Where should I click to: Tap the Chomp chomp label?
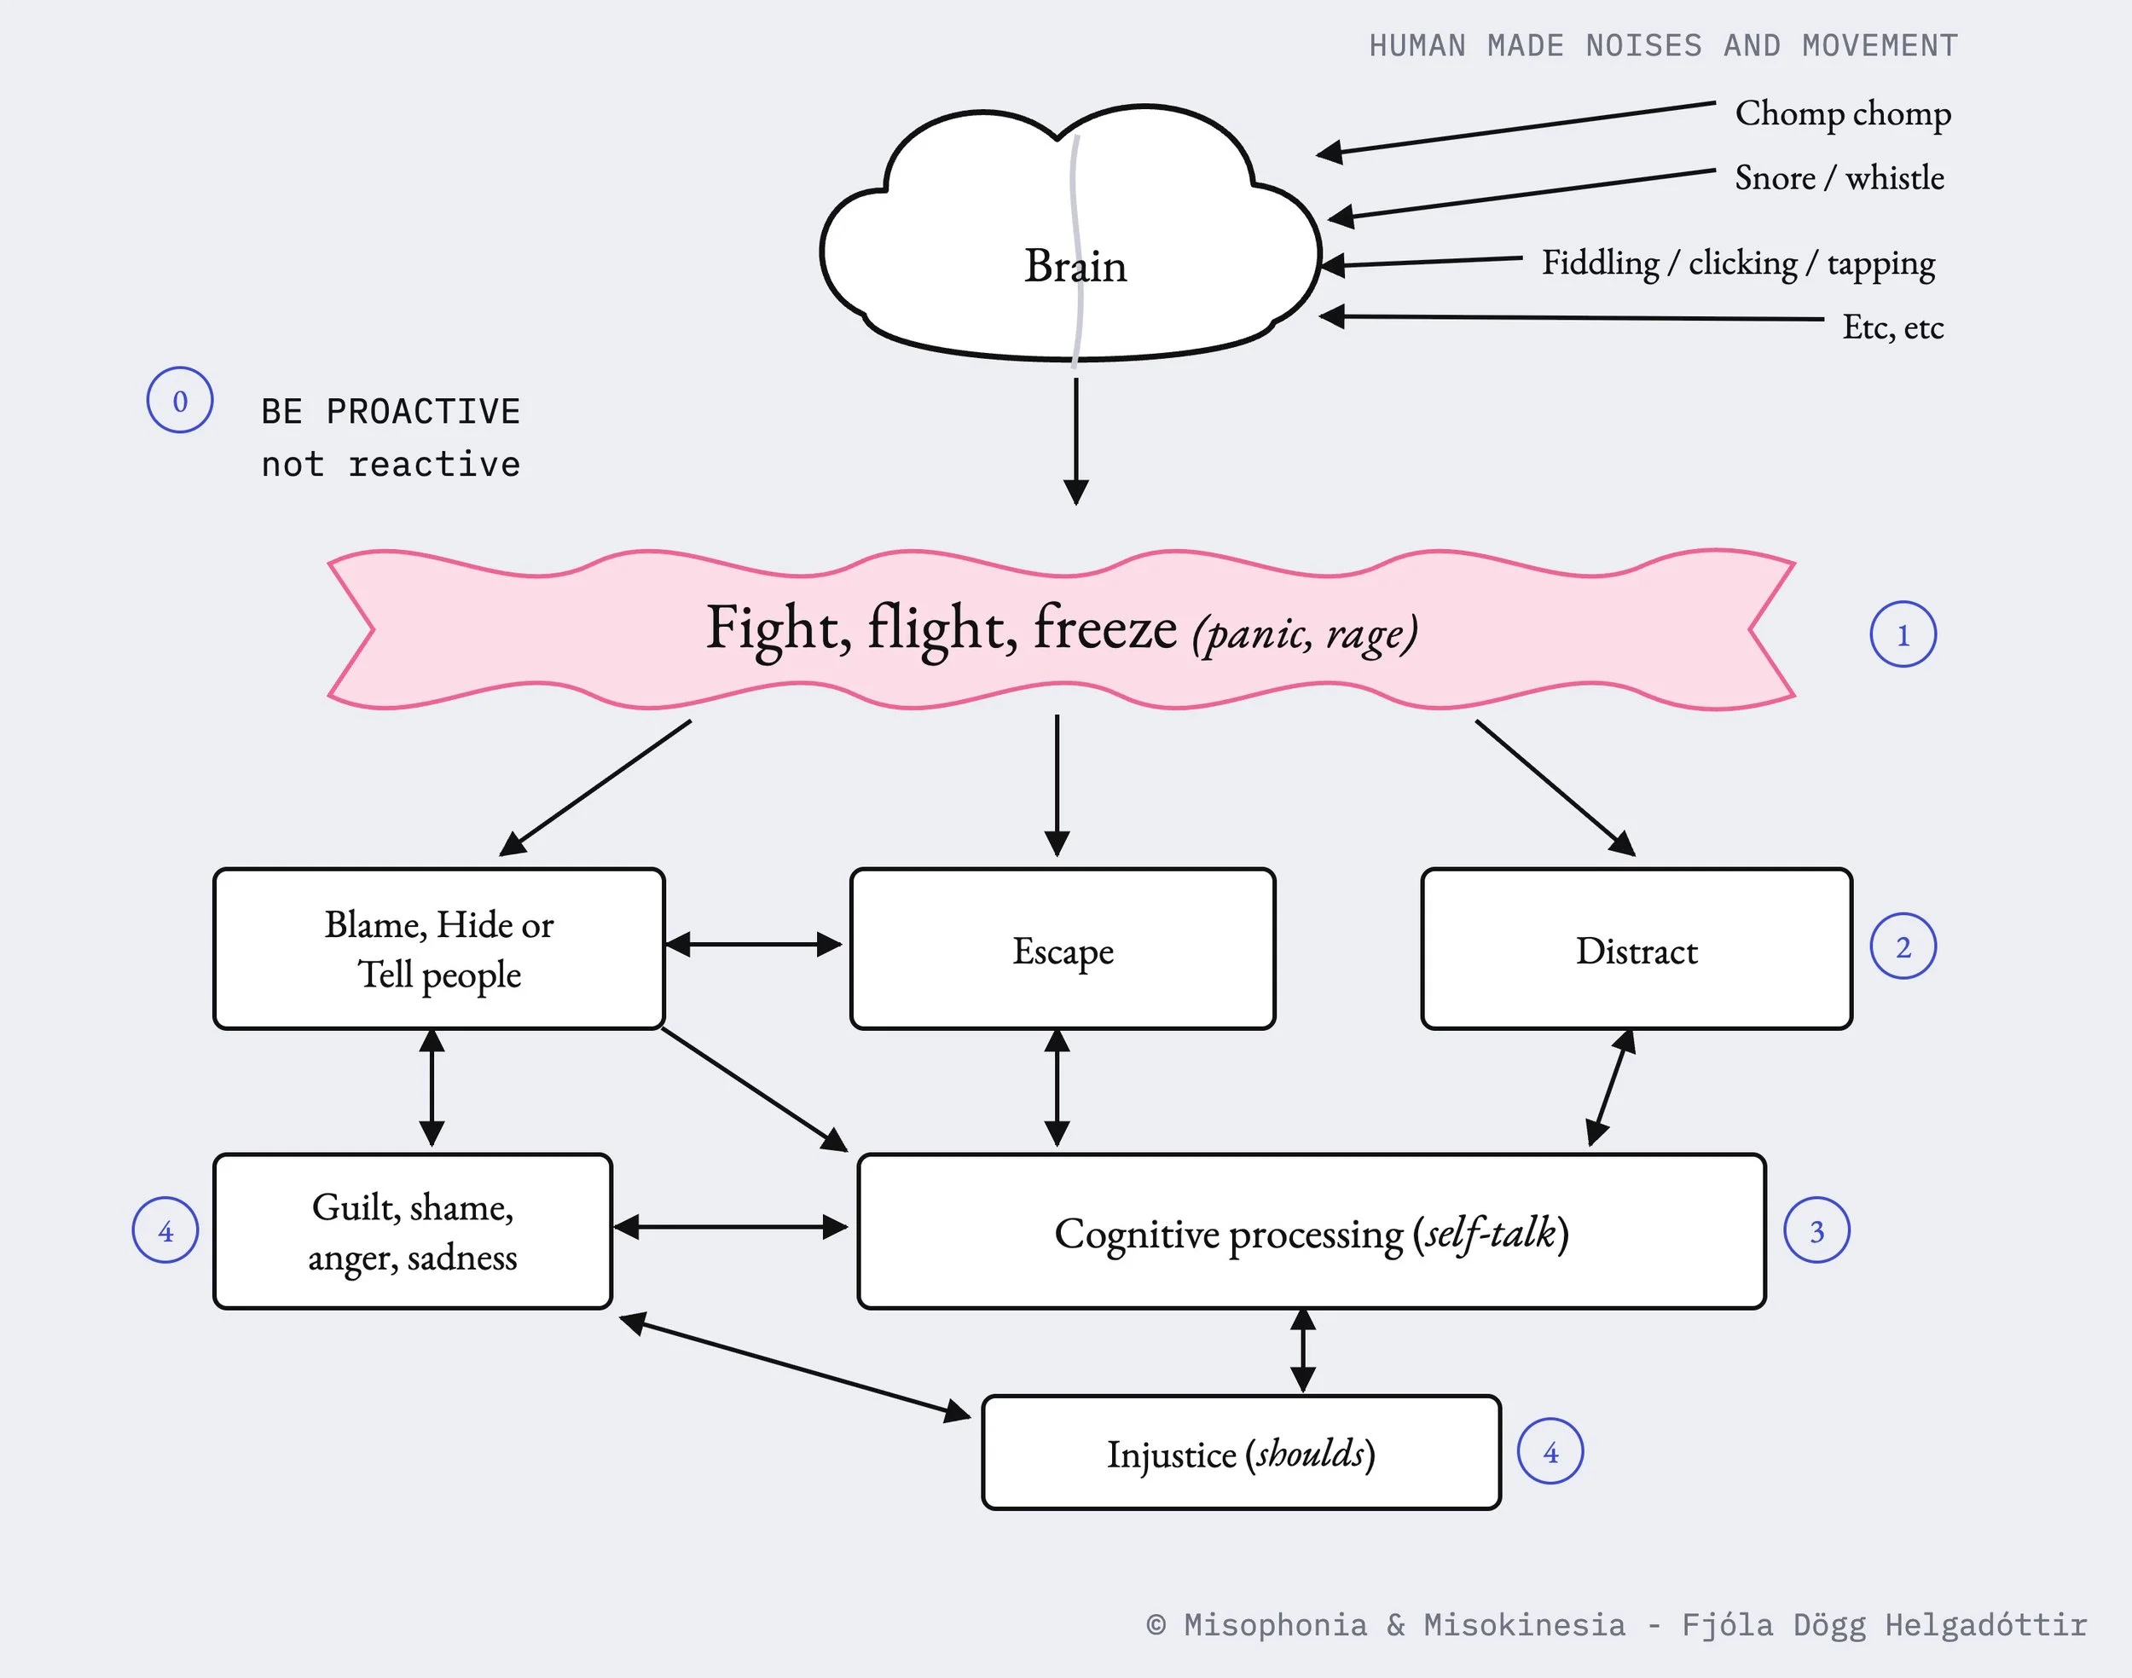[x=1843, y=114]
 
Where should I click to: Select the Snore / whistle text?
[x=1839, y=178]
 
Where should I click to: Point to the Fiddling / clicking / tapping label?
[x=1738, y=263]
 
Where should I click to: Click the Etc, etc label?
[x=1893, y=327]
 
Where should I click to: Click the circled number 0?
[x=180, y=400]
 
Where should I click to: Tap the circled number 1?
[x=1903, y=634]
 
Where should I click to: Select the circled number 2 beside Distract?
[x=1903, y=946]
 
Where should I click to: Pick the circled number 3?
[x=1816, y=1230]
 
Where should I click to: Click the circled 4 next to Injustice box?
[x=1550, y=1452]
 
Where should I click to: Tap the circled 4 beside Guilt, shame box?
[x=165, y=1230]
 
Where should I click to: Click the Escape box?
[x=1063, y=949]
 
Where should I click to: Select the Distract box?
[x=1637, y=949]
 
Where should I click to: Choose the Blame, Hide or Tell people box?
[x=439, y=949]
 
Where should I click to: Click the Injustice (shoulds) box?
[x=1241, y=1452]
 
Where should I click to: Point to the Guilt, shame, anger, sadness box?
[x=413, y=1231]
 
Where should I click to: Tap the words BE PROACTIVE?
[x=390, y=412]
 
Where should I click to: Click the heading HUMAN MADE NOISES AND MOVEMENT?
[x=1663, y=46]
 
